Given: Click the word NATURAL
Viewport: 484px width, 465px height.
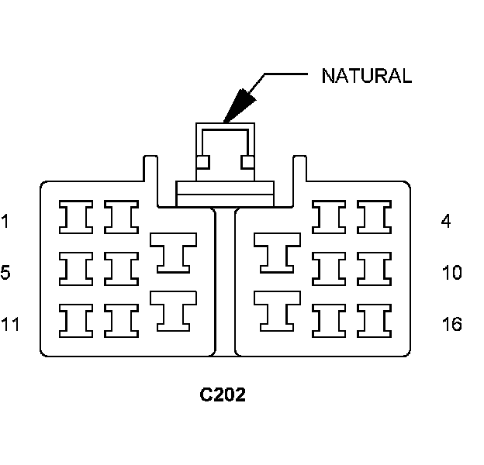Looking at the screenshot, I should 366,76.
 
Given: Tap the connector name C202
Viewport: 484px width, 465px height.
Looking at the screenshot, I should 223,395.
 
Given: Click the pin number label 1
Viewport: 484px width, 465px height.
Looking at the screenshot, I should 5,222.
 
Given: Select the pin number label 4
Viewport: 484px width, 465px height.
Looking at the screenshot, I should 445,222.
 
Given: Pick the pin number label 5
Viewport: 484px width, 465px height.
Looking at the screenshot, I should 5,273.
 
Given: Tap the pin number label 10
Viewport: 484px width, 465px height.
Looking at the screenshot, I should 451,273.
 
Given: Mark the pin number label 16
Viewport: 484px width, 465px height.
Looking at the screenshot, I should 451,324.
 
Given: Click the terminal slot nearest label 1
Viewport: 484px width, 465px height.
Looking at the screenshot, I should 76,217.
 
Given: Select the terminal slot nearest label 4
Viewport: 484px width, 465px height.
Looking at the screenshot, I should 373,217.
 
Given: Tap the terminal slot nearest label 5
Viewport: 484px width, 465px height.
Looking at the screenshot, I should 76,268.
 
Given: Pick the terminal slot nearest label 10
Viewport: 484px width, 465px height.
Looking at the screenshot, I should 373,268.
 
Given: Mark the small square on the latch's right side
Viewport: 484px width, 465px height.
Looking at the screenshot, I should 248,163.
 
